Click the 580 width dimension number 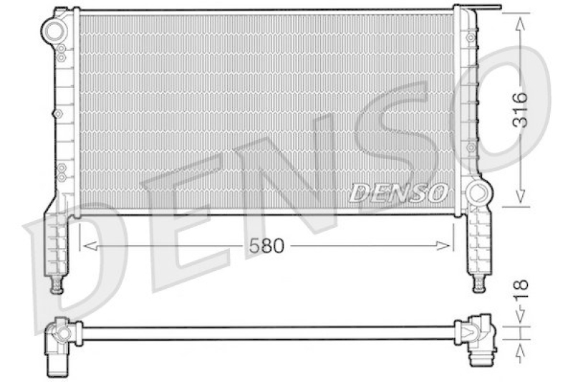click(267, 246)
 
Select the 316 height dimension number click(521, 110)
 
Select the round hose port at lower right click(477, 194)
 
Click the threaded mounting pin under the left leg click(57, 287)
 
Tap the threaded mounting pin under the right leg click(477, 285)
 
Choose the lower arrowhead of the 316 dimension click(521, 198)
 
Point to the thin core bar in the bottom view click(265, 333)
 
